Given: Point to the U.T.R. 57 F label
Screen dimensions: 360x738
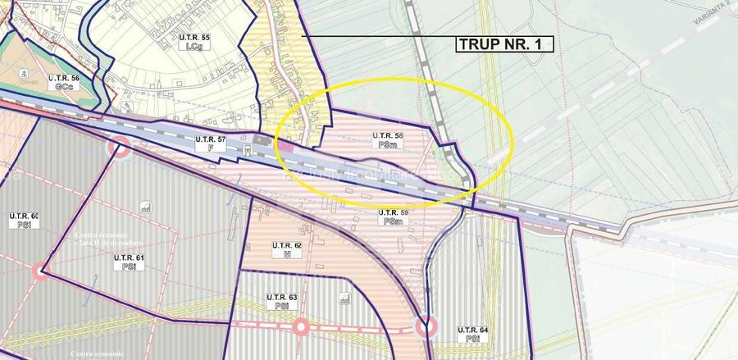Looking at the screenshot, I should point(210,144).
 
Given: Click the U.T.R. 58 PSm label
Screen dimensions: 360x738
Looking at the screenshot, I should point(385,139).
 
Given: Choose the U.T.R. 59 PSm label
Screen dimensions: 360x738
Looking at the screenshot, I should point(393,217).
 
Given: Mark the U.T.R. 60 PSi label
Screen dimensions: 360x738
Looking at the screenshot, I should point(17,221).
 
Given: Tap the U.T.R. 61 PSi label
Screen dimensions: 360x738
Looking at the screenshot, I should point(129,262).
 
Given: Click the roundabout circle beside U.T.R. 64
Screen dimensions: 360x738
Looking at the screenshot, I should point(425,329).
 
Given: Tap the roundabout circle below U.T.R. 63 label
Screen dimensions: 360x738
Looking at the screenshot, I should point(300,327).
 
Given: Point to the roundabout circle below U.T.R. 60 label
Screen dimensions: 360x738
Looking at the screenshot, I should point(40,271).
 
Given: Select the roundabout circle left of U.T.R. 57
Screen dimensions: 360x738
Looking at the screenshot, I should point(120,148).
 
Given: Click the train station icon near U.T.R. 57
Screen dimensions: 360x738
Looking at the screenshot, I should point(260,140).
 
